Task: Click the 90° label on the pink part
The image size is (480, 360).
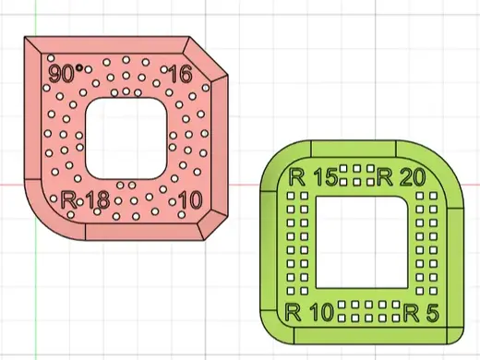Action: [x=62, y=73]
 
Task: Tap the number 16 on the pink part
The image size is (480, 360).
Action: [x=180, y=74]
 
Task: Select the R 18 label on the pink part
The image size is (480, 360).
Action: [x=85, y=199]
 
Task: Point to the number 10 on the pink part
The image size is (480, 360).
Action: [x=190, y=199]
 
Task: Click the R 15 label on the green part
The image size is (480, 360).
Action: [x=313, y=177]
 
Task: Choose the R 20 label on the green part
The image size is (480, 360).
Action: [x=402, y=177]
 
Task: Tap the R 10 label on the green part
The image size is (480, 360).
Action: [x=309, y=312]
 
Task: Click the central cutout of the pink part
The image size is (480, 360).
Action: [x=126, y=138]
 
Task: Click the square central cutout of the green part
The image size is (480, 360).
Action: [x=362, y=243]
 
